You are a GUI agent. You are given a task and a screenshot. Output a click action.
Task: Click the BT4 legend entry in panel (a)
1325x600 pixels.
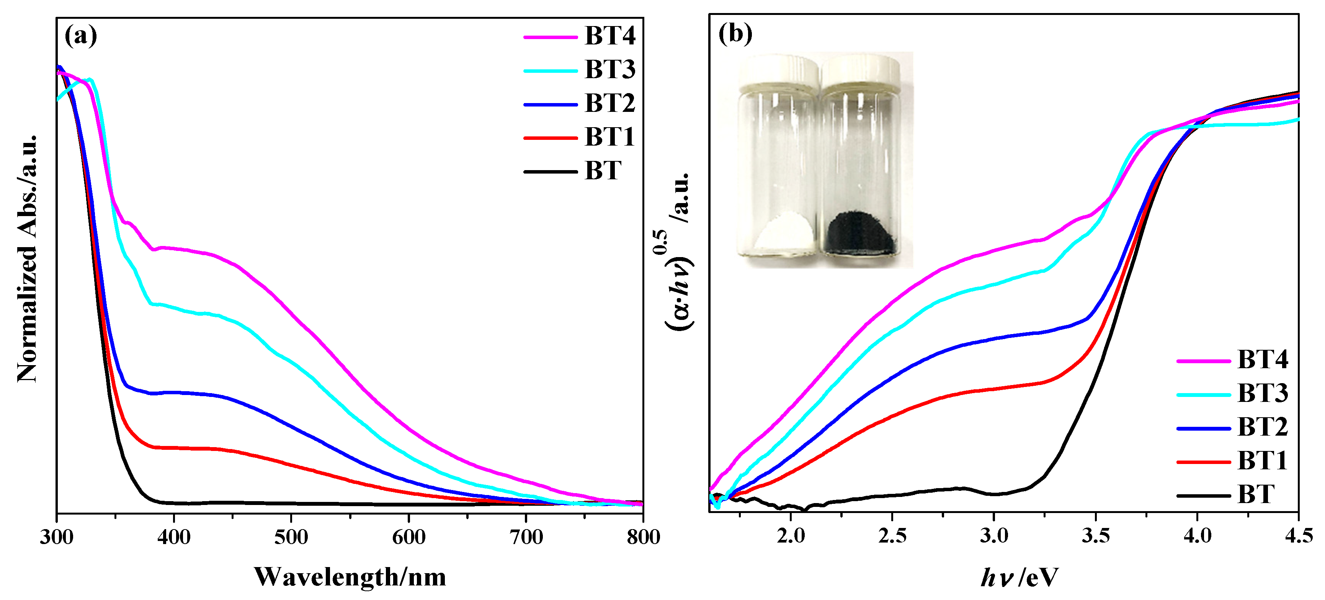(609, 36)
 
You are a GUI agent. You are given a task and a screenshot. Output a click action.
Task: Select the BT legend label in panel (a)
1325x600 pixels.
(603, 171)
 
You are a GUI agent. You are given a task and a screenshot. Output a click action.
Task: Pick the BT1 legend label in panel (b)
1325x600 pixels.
(1262, 461)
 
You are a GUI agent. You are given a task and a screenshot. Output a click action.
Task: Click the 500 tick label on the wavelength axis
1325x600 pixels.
(291, 537)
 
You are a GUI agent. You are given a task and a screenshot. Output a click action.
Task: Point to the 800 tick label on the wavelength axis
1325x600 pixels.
(643, 537)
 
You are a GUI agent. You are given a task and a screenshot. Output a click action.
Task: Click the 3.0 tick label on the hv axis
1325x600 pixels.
(994, 536)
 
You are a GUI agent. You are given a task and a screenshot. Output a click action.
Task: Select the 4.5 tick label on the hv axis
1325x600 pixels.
(1299, 536)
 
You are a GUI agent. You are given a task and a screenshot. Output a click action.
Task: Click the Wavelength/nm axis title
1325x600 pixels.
(350, 577)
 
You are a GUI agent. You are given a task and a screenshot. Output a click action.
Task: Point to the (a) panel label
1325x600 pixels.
(81, 36)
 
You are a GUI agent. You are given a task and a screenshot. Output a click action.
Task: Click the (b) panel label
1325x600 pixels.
(735, 34)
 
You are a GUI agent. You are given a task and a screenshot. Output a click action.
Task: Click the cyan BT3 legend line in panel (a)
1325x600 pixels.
(551, 70)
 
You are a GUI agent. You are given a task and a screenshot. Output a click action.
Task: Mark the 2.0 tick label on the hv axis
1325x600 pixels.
(791, 536)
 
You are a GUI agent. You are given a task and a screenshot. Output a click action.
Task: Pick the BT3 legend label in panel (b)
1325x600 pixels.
(1262, 393)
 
